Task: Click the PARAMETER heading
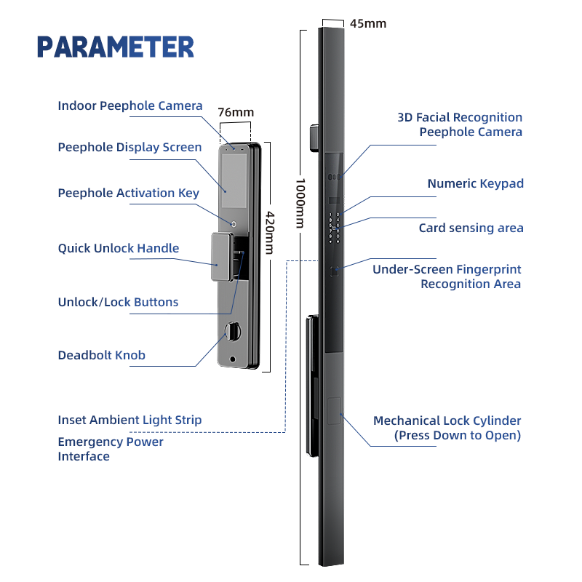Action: tap(116, 47)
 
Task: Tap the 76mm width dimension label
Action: tap(236, 112)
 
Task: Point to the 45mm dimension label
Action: tap(368, 23)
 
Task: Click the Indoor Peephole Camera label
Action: tap(130, 105)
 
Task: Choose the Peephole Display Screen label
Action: tap(129, 147)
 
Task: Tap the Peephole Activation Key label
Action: tap(128, 193)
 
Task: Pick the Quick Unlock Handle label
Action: tap(119, 248)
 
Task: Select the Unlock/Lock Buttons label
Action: tap(118, 302)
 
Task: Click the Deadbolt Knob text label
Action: tap(102, 355)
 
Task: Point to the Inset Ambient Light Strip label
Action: tap(129, 420)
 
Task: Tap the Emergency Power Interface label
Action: tap(111, 449)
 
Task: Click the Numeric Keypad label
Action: tap(475, 183)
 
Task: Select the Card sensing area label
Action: tap(471, 228)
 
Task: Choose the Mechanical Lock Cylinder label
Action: tap(447, 428)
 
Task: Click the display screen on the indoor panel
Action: tap(235, 177)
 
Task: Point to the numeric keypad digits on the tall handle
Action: tap(334, 227)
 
